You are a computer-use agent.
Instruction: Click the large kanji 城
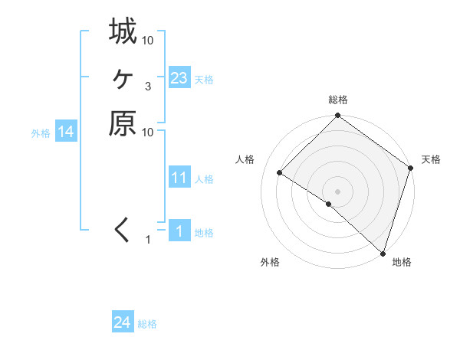(123, 32)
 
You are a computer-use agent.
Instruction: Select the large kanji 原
(123, 124)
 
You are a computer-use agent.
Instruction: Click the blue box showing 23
(179, 78)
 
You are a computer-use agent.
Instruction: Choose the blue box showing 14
(66, 132)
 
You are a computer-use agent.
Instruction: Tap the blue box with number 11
(179, 178)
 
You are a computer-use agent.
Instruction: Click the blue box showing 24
(123, 323)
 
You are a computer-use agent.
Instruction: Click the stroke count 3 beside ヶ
(148, 86)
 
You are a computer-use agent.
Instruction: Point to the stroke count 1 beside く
(148, 241)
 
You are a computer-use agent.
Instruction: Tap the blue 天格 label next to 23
(204, 80)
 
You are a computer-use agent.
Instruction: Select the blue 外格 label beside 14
(41, 133)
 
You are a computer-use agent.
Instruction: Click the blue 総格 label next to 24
(147, 324)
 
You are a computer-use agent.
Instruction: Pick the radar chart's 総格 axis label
(338, 100)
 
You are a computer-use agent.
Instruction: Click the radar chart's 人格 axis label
(245, 159)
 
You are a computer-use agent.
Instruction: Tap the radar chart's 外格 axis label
(269, 262)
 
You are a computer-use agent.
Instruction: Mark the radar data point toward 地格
(382, 251)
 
